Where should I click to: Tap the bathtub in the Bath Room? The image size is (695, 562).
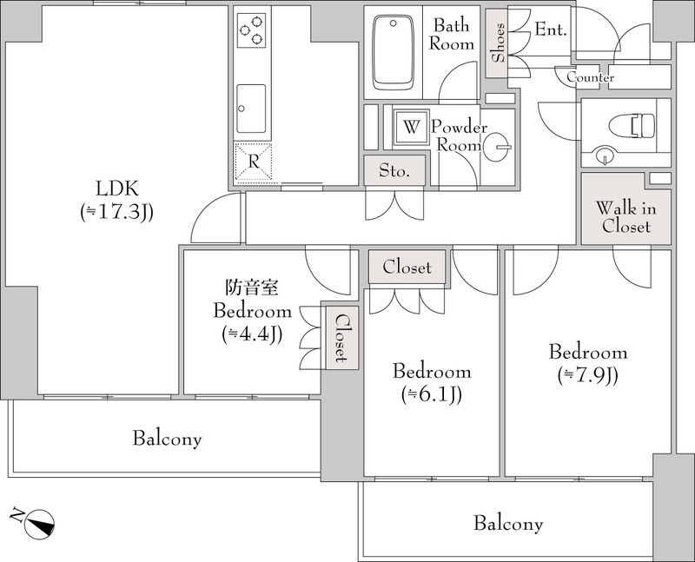click(394, 53)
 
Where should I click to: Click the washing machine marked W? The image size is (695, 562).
click(411, 127)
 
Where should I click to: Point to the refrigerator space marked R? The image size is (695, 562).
click(253, 162)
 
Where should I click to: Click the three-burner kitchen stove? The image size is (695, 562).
click(251, 30)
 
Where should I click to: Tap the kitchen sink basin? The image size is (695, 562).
click(251, 109)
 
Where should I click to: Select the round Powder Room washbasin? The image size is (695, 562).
click(497, 147)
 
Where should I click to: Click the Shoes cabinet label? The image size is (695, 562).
click(498, 43)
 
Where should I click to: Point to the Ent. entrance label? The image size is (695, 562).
click(551, 30)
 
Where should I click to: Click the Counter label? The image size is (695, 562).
click(591, 77)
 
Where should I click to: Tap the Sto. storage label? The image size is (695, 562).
click(394, 170)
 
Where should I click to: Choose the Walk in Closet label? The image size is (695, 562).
click(625, 217)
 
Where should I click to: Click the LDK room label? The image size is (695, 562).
click(117, 188)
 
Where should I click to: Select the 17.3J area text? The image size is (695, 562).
click(116, 212)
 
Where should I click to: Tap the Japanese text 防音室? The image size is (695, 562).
click(252, 288)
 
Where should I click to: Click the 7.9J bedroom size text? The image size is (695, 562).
click(588, 375)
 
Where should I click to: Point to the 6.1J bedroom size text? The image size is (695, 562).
click(432, 394)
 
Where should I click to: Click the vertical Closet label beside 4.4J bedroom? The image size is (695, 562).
click(341, 338)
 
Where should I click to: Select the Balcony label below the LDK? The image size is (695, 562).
click(167, 439)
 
